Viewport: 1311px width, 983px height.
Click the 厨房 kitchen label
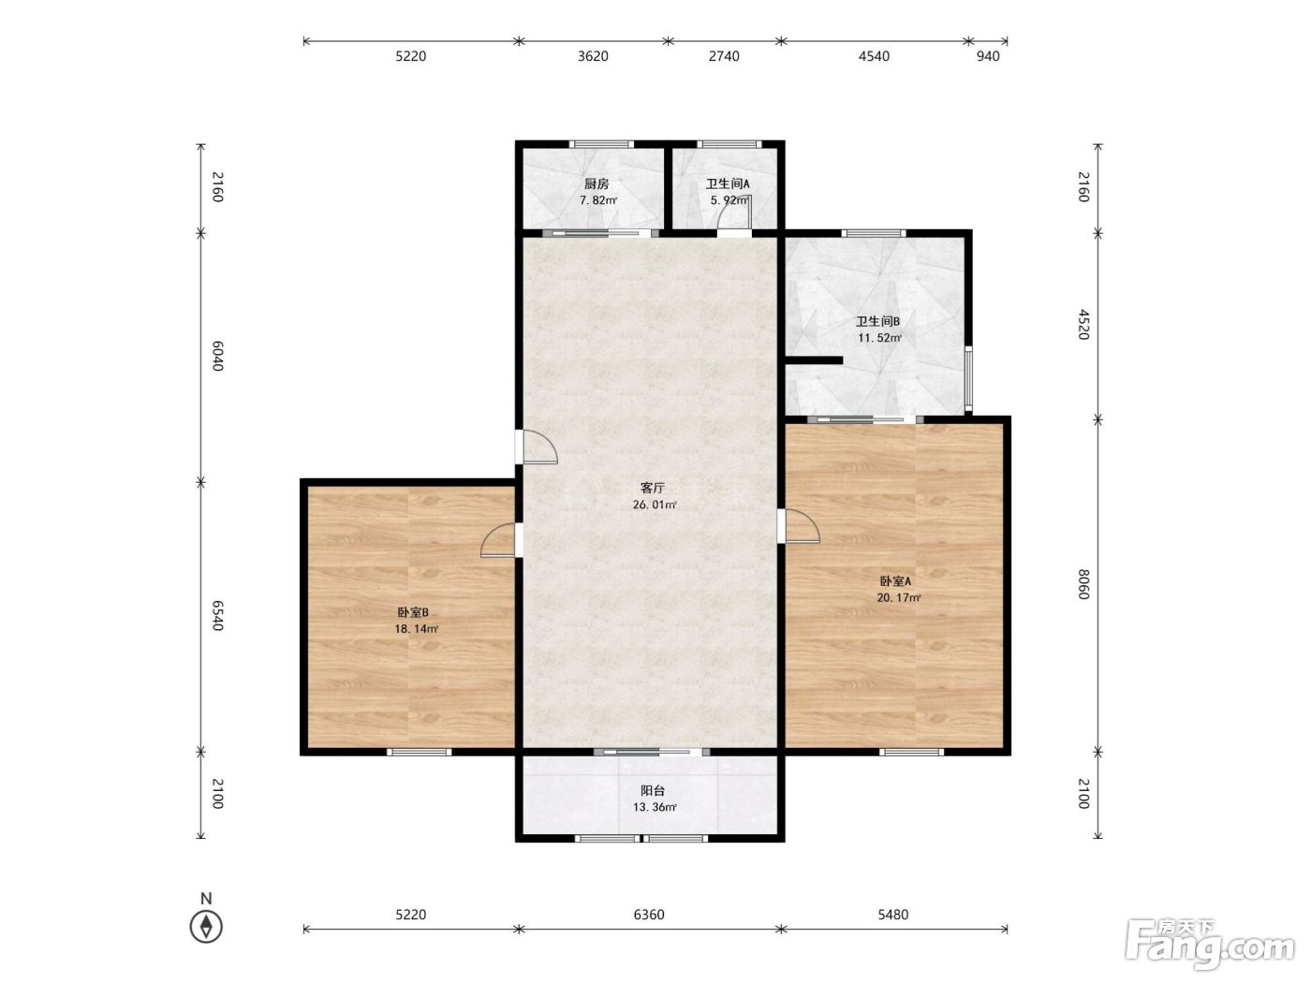[597, 184]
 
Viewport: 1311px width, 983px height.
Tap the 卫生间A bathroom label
[728, 184]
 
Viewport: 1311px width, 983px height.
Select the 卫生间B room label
[878, 322]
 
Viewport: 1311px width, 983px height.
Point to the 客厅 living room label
[652, 488]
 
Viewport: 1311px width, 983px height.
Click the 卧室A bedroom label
[895, 581]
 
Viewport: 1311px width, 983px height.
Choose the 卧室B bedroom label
[413, 612]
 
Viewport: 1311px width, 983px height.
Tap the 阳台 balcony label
[652, 791]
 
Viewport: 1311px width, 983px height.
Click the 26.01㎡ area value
[655, 505]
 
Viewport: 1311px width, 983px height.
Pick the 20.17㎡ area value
[898, 598]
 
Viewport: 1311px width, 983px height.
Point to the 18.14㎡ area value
[417, 629]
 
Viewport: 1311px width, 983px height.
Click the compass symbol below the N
[206, 927]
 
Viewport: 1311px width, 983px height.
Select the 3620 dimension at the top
[593, 57]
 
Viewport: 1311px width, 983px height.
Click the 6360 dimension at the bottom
[649, 915]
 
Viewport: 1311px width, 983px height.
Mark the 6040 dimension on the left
[218, 357]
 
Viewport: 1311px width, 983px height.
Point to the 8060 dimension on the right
[1084, 584]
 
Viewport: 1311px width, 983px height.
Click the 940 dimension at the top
[988, 57]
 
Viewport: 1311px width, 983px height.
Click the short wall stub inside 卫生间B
[814, 360]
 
